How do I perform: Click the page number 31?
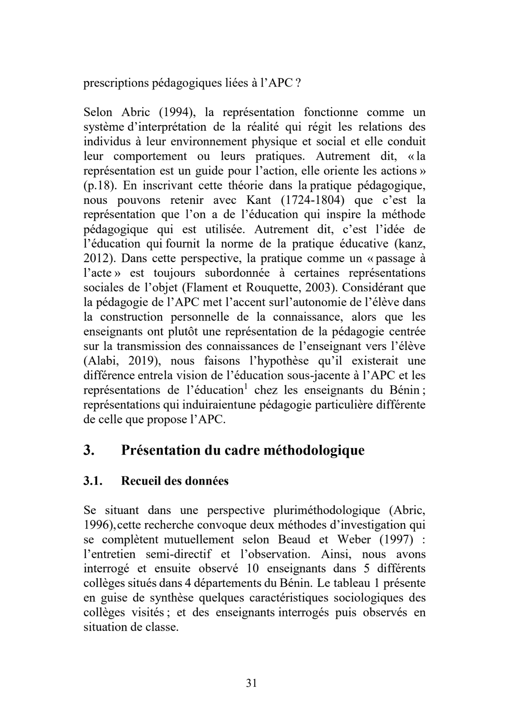coord(252,683)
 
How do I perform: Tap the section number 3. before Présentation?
coord(89,451)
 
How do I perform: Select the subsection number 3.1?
coord(93,481)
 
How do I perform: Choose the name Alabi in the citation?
coord(103,361)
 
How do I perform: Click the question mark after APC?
coord(297,83)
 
